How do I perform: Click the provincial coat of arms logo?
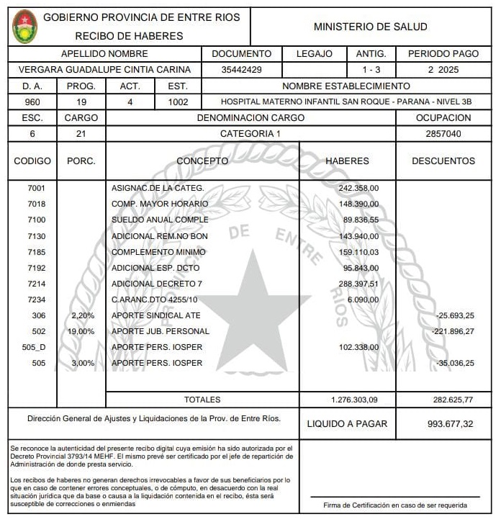click(25, 27)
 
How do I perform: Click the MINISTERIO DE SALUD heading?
click(370, 27)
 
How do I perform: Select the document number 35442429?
click(242, 70)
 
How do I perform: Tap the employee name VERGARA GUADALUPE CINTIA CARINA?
click(104, 70)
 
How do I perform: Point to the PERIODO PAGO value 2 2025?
click(443, 70)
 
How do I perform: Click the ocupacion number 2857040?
click(443, 133)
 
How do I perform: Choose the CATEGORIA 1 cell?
click(250, 133)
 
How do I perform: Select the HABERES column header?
click(347, 161)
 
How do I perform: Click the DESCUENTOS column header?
click(443, 161)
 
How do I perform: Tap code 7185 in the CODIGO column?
click(36, 252)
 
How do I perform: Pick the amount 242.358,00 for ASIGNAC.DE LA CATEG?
click(358, 188)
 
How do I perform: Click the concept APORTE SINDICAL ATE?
click(155, 315)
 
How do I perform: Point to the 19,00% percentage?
click(81, 331)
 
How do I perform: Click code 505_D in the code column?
click(34, 347)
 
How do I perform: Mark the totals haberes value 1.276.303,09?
click(354, 399)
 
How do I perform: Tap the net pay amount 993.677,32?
click(450, 424)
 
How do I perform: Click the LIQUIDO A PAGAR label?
click(347, 424)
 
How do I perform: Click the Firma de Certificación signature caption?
click(394, 505)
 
